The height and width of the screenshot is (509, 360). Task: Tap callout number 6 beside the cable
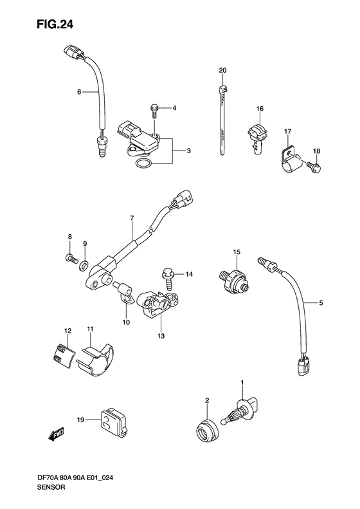[79, 92]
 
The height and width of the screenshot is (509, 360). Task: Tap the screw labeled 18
[313, 167]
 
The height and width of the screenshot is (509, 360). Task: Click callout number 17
[287, 131]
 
